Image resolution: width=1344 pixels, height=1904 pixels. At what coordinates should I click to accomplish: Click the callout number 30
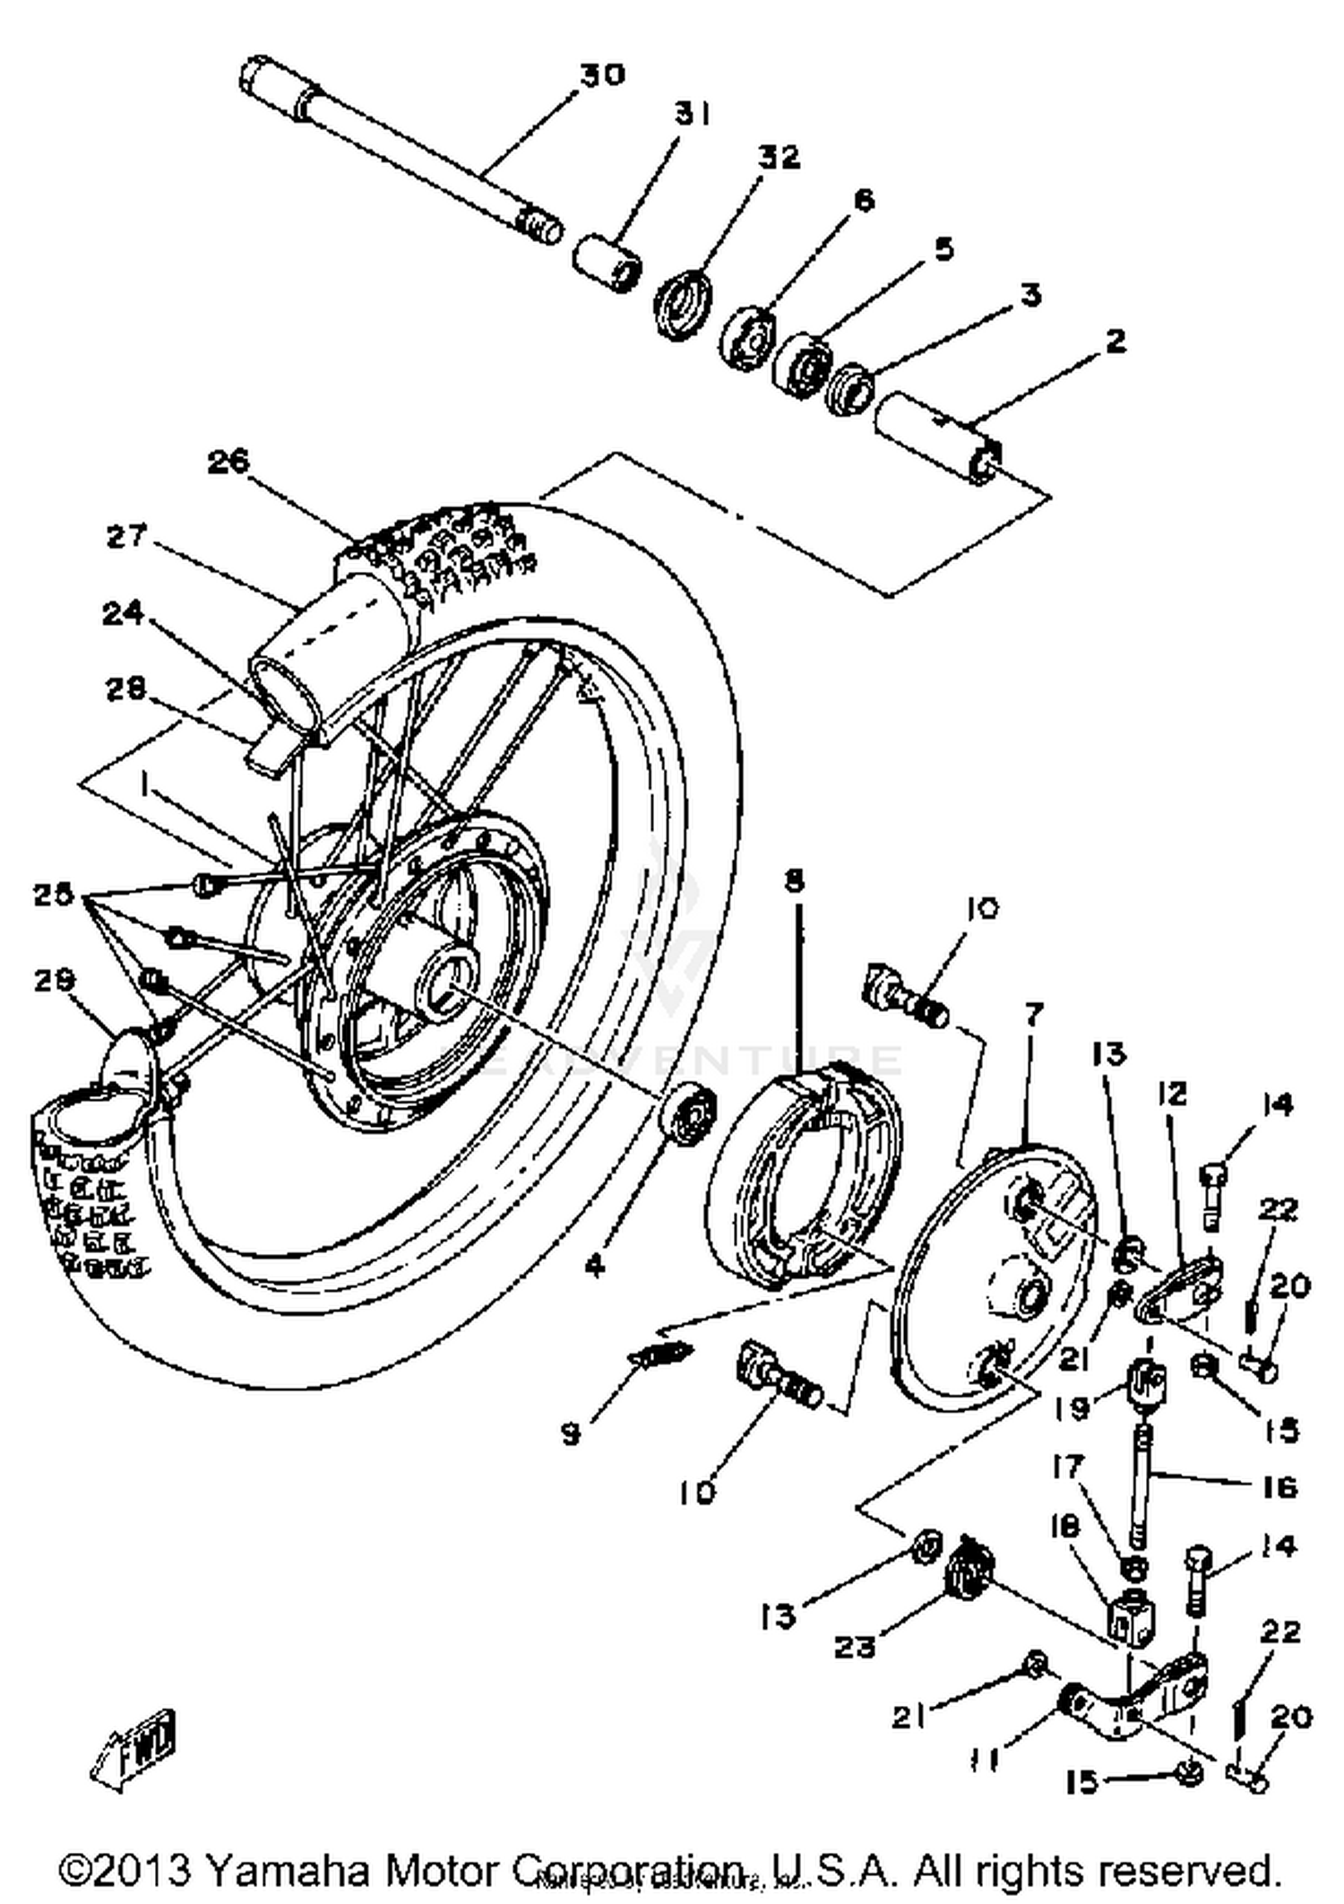tap(600, 75)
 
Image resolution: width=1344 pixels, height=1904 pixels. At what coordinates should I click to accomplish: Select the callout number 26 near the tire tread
tap(228, 463)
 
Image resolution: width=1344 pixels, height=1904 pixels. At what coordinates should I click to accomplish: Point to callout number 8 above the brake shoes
tap(793, 882)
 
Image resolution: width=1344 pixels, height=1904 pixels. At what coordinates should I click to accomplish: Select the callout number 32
tap(778, 158)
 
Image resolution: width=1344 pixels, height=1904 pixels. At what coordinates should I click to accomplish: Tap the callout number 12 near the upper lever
tap(1171, 1094)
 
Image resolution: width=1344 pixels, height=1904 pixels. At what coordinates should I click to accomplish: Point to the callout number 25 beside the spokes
tap(54, 895)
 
